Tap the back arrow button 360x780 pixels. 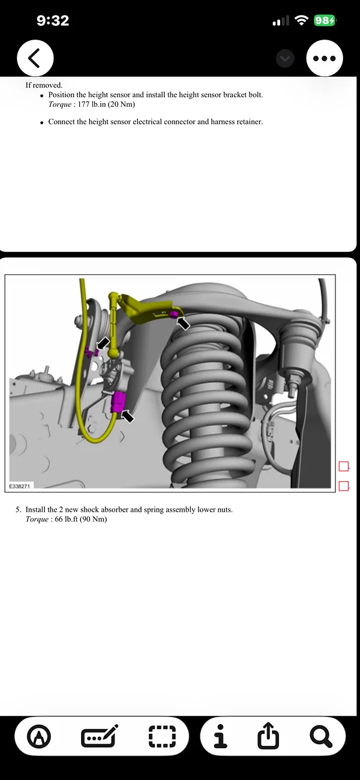tap(35, 58)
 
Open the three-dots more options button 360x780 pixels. tap(325, 58)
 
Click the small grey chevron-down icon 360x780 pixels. tap(285, 58)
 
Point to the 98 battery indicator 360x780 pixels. tap(325, 21)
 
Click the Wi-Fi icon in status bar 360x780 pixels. tap(301, 21)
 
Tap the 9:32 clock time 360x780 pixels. tap(53, 20)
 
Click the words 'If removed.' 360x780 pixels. tap(44, 85)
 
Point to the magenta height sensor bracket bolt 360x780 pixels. tap(173, 314)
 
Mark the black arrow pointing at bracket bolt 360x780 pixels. tap(184, 324)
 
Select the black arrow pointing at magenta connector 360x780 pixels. tap(128, 415)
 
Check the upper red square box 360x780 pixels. tap(344, 466)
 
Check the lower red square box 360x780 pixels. tap(344, 486)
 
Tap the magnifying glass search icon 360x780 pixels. tap(321, 736)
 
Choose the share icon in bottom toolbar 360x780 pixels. tap(268, 736)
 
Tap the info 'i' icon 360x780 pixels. tap(221, 736)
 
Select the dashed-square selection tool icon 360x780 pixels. tap(162, 736)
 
